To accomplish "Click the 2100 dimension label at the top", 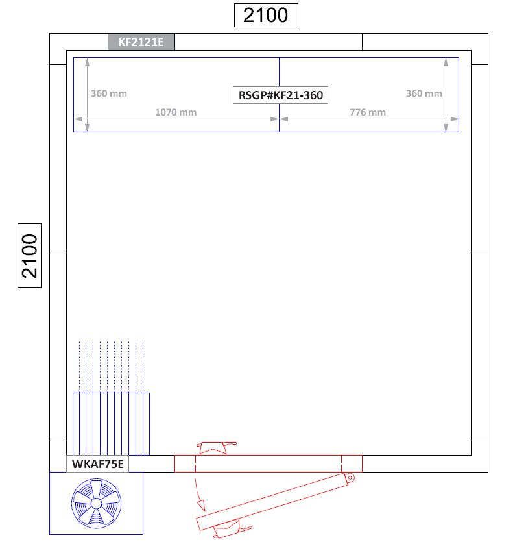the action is click(x=266, y=15).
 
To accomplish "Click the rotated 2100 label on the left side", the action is click(x=30, y=256).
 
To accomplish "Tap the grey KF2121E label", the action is click(x=141, y=42).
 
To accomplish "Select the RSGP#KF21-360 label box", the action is click(x=280, y=95).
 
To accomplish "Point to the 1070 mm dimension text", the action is click(x=176, y=112).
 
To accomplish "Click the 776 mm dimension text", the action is click(x=368, y=112).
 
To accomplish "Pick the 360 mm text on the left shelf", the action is click(x=109, y=93).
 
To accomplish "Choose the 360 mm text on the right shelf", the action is click(x=424, y=93).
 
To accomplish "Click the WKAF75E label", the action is click(x=98, y=464).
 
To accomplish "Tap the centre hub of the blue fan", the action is click(x=97, y=504).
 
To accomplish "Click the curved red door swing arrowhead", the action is click(x=201, y=506).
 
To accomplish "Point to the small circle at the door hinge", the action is click(x=350, y=478).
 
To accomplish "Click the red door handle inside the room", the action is click(x=217, y=448).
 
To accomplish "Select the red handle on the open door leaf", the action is click(x=232, y=530).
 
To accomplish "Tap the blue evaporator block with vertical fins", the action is click(x=111, y=424).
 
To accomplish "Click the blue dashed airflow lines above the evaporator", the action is click(x=111, y=367).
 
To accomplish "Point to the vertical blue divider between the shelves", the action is click(x=279, y=95).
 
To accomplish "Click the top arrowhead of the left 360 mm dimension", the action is click(x=88, y=62).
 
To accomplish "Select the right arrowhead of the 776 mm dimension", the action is click(x=455, y=119).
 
